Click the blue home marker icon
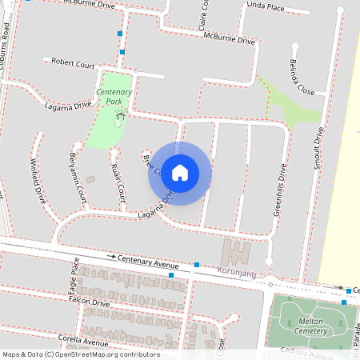click(180, 172)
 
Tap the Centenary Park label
click(114, 98)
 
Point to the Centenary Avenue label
click(148, 262)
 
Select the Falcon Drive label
click(90, 303)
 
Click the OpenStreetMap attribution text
click(81, 354)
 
